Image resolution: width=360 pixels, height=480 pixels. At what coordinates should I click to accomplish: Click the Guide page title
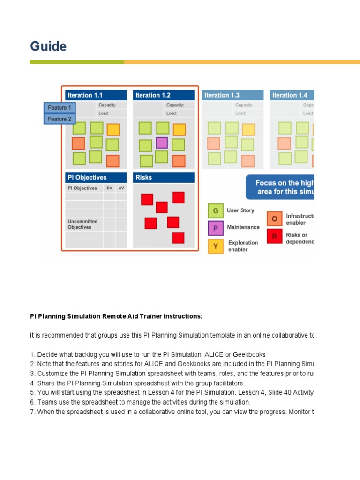point(48,46)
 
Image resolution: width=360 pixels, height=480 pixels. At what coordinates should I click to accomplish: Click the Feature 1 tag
point(60,108)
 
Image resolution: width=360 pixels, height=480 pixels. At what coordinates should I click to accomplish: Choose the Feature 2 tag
point(60,119)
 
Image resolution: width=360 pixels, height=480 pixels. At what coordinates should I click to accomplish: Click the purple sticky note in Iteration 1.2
point(162,142)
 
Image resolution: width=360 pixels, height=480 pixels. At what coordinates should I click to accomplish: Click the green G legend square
point(216,211)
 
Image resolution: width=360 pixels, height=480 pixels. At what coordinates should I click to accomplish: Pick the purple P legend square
point(216,228)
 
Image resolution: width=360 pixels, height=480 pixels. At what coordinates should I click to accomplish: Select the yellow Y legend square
point(216,246)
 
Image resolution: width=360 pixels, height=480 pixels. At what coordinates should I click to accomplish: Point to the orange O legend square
point(275,219)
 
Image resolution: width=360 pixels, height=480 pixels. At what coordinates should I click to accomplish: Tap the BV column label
point(110,188)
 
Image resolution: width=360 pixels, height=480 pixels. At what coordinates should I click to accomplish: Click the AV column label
point(121,188)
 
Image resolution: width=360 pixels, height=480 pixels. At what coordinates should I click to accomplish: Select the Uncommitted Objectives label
point(82,224)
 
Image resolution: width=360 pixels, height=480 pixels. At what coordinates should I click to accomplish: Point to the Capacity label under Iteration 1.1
point(107,105)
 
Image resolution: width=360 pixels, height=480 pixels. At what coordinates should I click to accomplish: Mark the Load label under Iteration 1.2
point(172,113)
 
